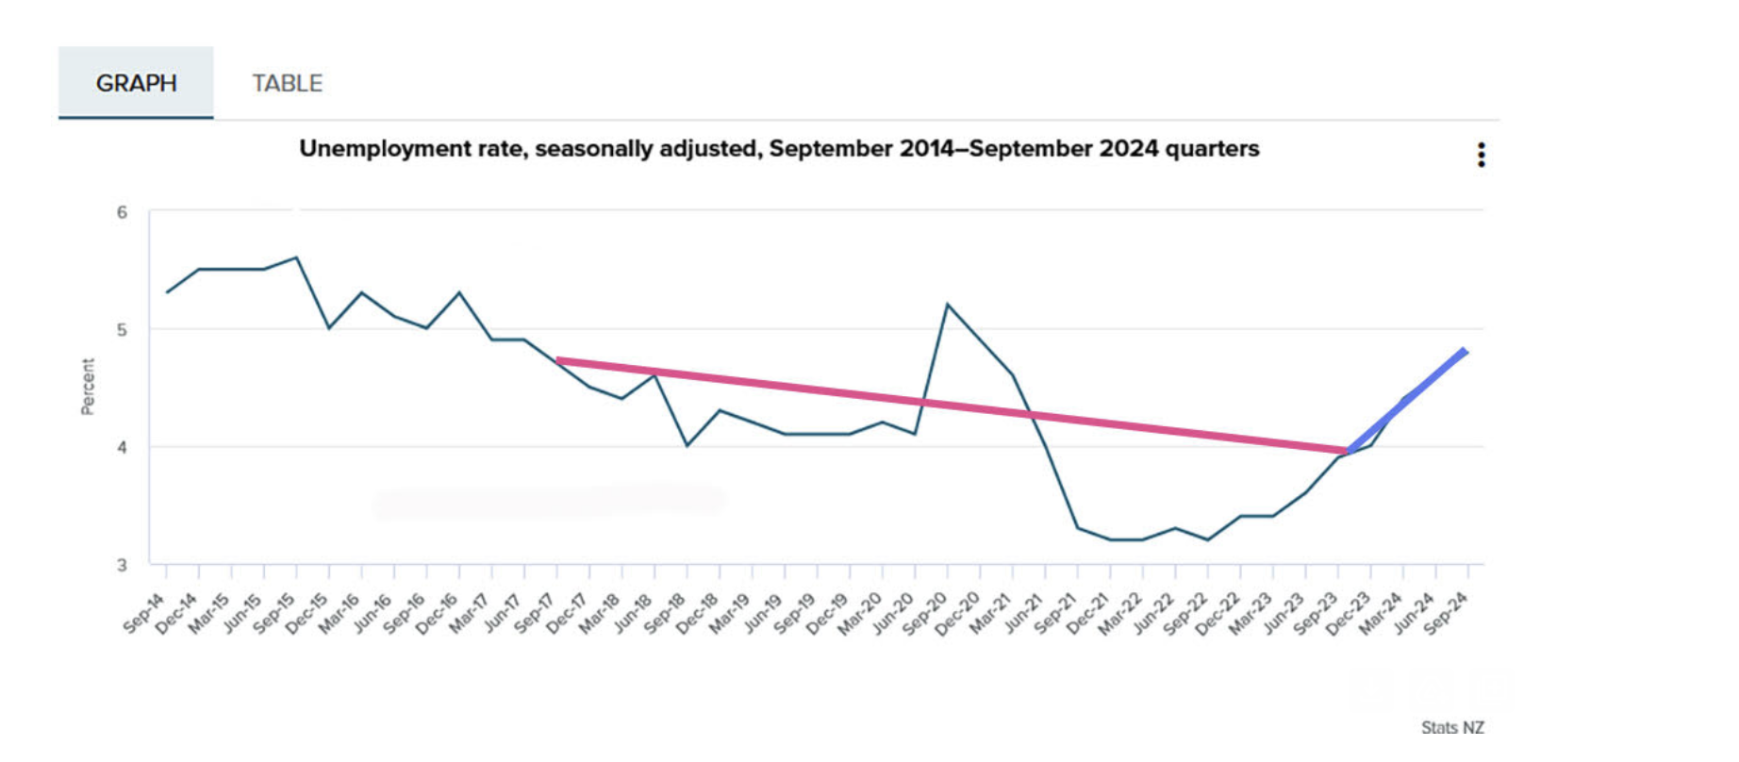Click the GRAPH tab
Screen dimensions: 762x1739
136,83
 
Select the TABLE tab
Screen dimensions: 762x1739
287,83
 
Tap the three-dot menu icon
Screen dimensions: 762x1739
1481,155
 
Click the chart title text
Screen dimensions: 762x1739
779,149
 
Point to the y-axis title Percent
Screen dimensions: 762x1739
88,386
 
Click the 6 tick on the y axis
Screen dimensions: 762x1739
122,212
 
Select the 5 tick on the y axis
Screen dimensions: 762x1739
122,330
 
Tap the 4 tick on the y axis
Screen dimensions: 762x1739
122,448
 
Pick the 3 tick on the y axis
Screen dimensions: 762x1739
122,565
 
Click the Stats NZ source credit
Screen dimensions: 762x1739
1452,727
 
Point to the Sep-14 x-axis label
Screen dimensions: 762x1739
144,613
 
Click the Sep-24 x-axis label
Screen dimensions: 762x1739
1446,613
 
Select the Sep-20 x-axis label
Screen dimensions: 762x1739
925,613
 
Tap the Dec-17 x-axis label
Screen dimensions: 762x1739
567,613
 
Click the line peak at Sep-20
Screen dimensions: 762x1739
947,305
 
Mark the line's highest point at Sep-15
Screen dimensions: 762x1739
296,257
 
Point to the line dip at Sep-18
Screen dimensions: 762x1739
687,445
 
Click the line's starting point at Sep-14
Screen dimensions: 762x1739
167,292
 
